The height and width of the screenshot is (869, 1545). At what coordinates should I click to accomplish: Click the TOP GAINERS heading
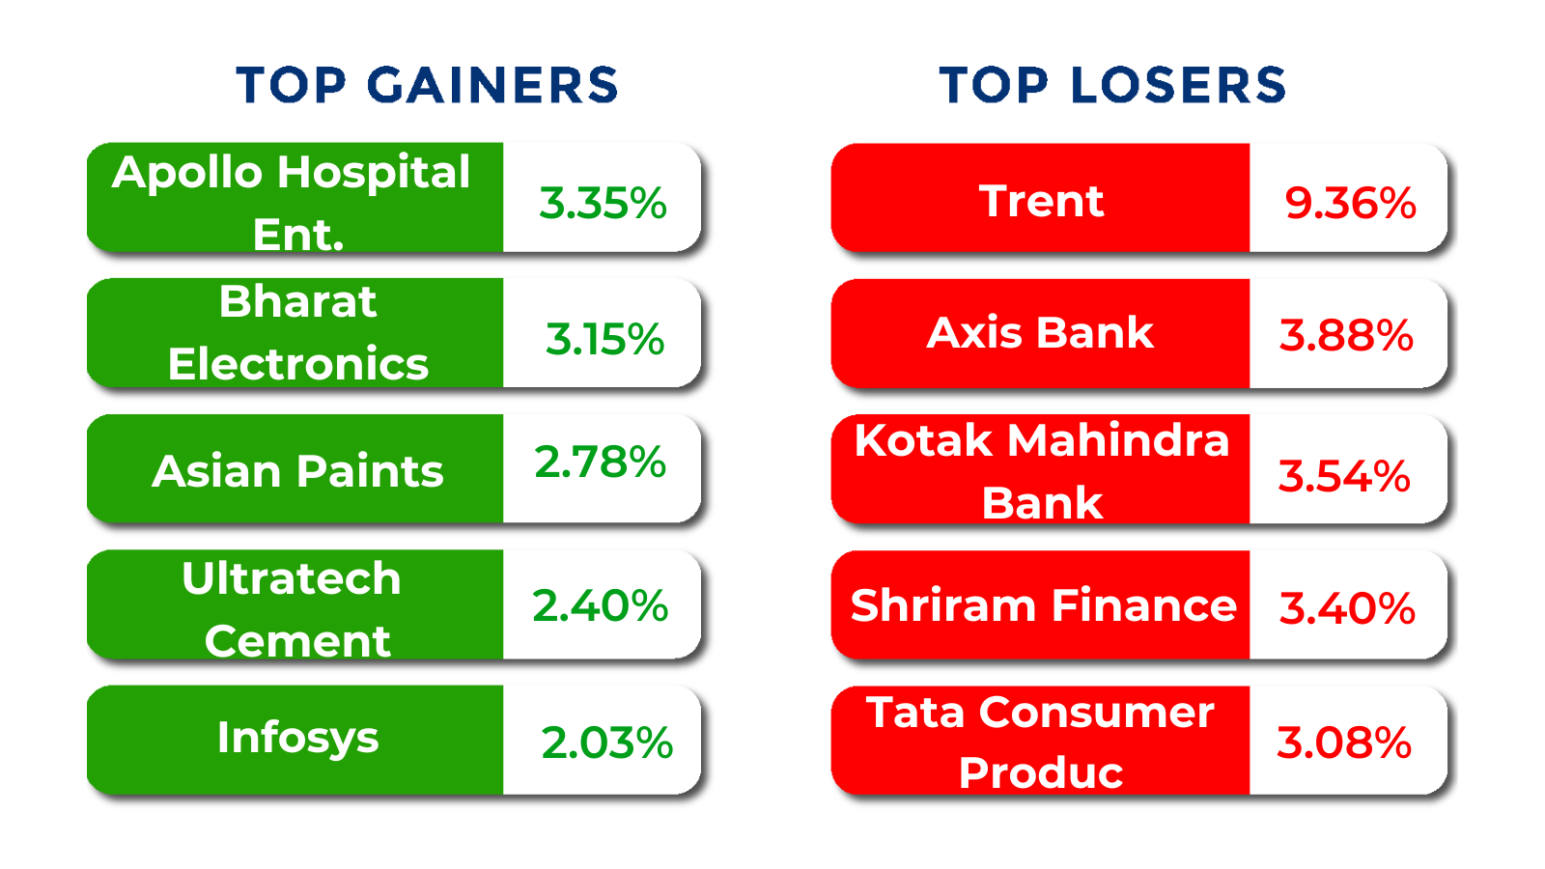point(427,86)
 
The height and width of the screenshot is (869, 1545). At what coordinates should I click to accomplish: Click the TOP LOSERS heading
point(1112,86)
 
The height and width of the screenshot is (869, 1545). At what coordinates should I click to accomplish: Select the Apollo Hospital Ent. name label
point(291,202)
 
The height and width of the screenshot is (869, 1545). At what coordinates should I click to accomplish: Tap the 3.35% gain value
point(603,204)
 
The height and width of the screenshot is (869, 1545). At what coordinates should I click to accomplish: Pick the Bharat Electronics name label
point(298,332)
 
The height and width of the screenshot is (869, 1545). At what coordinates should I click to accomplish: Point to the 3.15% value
point(604,339)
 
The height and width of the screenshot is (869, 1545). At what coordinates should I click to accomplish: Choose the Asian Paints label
point(297,472)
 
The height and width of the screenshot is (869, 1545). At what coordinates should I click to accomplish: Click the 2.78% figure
point(600,462)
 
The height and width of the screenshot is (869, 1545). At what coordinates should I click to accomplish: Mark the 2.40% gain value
point(600,606)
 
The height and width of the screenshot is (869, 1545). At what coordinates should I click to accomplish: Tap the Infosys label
point(298,739)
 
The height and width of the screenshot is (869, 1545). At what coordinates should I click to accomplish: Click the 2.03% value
point(607,743)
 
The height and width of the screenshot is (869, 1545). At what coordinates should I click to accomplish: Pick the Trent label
point(1042,202)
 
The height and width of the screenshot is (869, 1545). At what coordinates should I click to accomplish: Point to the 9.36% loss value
point(1351,204)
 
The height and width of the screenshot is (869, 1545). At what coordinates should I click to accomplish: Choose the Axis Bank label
point(1040,333)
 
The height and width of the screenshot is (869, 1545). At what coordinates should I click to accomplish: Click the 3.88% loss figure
point(1346,336)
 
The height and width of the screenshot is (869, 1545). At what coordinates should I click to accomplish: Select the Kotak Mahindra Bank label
point(1042,471)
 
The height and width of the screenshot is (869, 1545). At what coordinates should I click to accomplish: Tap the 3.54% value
point(1344,476)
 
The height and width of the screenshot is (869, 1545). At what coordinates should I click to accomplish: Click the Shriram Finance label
point(1044,605)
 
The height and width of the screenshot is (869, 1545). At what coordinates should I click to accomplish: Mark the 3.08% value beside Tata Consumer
point(1344,743)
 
